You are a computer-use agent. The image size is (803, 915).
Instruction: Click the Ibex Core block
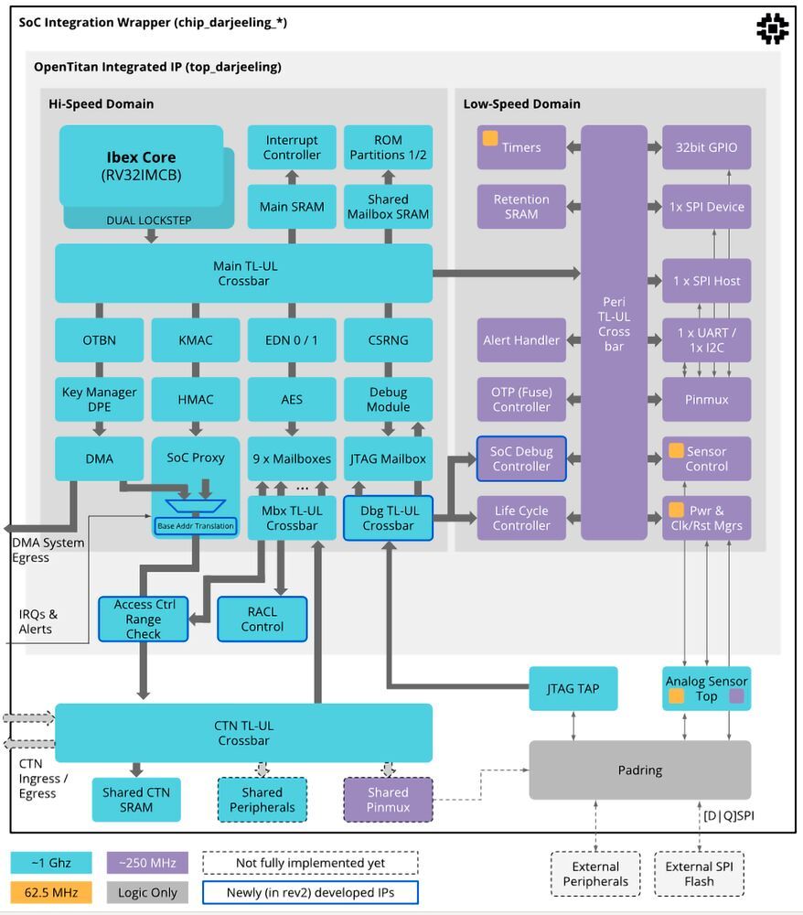coord(141,166)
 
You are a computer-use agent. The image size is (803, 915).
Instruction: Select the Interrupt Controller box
coord(292,147)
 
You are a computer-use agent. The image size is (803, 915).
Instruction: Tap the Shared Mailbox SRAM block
coord(388,206)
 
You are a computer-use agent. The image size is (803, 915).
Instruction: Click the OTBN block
coord(99,339)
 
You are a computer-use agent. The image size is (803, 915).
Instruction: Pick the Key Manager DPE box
coord(99,399)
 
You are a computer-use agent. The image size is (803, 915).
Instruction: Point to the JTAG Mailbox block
coord(388,458)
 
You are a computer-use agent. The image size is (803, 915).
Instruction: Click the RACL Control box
coord(262,619)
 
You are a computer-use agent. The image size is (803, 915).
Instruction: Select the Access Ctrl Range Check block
coord(143,619)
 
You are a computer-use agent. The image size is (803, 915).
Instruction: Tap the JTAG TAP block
coord(573,688)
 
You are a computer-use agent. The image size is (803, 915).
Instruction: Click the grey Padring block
coord(639,770)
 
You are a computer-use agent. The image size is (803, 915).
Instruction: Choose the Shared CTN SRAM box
coord(135,799)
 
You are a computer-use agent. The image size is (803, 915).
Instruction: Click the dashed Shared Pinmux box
coord(388,799)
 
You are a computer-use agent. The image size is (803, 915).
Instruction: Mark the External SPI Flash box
coord(700,874)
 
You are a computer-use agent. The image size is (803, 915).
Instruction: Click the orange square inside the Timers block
coord(490,139)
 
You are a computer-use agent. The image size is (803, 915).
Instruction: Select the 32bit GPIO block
coord(706,147)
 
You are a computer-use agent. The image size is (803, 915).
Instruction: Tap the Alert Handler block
coord(521,339)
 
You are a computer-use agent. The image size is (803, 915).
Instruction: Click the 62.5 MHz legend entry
coord(51,891)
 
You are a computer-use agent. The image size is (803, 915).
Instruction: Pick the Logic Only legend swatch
coord(147,891)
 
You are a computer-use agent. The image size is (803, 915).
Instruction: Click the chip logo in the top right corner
coord(772,28)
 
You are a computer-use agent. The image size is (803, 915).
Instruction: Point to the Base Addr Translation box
coord(195,526)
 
